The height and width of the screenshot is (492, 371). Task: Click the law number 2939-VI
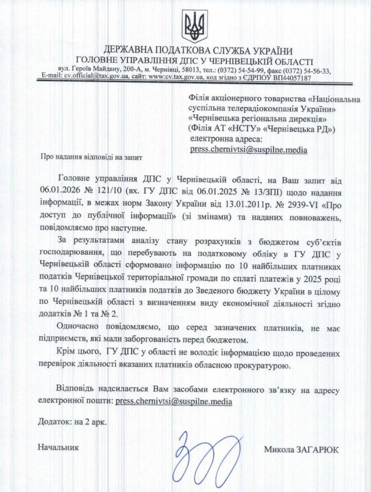click(299, 202)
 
